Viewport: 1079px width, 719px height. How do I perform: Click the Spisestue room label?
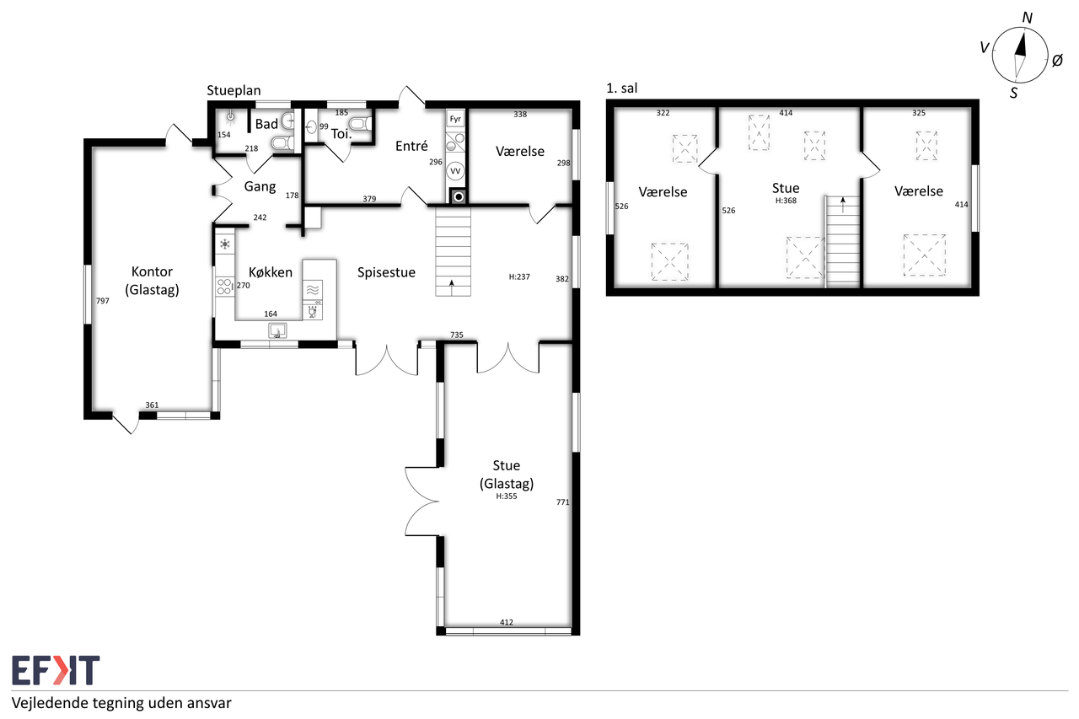386,272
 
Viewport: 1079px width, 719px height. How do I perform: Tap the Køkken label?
271,272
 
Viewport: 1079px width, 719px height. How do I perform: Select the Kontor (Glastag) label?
152,281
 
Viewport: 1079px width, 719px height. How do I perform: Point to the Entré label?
411,146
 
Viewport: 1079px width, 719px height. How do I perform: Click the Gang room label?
260,186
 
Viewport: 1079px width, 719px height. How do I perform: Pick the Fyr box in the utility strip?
455,119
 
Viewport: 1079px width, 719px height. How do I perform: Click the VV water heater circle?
455,171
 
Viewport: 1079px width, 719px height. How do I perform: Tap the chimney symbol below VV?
458,196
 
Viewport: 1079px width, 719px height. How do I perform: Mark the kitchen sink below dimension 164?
277,330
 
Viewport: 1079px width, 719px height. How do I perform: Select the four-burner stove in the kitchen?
224,287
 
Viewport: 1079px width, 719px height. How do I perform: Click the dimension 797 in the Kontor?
103,301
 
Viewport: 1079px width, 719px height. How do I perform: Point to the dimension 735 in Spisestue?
457,335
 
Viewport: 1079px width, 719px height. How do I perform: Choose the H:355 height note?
507,496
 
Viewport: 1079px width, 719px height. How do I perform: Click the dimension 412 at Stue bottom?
507,622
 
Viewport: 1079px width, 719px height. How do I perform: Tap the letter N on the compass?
1027,18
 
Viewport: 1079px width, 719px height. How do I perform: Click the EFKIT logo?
56,670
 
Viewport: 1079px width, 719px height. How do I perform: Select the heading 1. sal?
622,89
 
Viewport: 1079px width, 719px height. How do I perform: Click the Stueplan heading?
234,90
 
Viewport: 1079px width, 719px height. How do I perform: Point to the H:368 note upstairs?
786,201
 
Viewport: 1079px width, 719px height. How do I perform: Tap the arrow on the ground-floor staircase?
452,287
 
